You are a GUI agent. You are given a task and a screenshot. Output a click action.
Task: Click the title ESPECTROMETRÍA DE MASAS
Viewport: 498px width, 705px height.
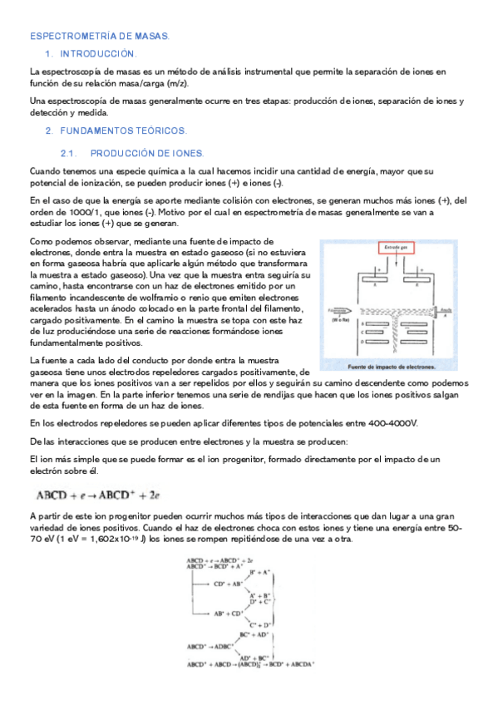[x=100, y=37]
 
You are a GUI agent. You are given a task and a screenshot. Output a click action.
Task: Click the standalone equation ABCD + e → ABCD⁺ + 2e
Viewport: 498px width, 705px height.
[x=98, y=496]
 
